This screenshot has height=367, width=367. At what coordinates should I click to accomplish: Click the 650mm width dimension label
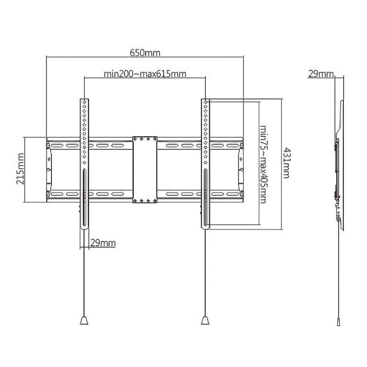coord(145,53)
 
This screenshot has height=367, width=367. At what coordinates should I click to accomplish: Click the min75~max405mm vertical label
coord(263,164)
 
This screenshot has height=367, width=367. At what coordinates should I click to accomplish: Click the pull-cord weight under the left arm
coord(84,320)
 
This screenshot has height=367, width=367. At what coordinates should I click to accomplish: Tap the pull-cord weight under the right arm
coord(205,320)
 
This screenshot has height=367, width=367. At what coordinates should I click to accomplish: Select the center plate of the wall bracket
coord(144,170)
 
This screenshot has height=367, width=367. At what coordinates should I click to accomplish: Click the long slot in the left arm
coord(84,196)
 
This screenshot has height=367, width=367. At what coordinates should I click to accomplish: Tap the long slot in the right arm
coord(205,196)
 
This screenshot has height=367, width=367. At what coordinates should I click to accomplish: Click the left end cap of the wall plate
coord(48,170)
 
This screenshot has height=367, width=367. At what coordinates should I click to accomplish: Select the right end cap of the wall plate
coord(241,170)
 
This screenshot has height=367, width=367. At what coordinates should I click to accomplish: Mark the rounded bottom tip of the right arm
coord(205,227)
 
